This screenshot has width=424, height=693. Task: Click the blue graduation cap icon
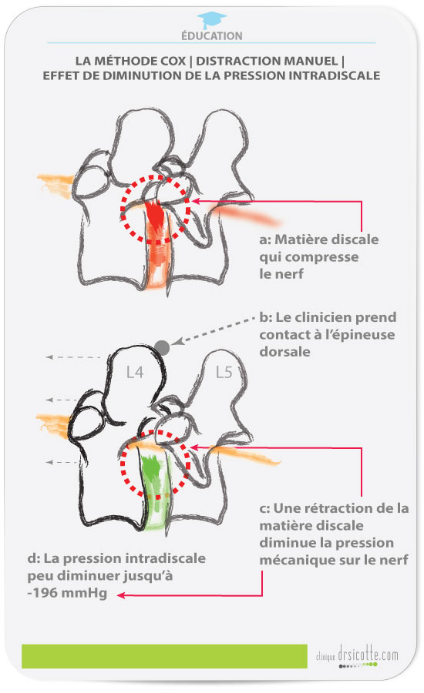(x=211, y=20)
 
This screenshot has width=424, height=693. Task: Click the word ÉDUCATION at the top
(x=211, y=35)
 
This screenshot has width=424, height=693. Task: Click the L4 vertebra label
(x=135, y=373)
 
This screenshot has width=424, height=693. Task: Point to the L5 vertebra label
(x=224, y=373)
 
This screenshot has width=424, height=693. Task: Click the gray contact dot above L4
(x=162, y=347)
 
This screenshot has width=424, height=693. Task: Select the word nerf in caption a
(x=289, y=274)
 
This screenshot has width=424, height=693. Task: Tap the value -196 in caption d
(x=42, y=593)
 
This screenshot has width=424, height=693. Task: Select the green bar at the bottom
(x=164, y=656)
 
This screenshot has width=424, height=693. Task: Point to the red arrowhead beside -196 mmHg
(x=120, y=595)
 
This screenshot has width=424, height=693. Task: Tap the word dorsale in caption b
(x=284, y=352)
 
